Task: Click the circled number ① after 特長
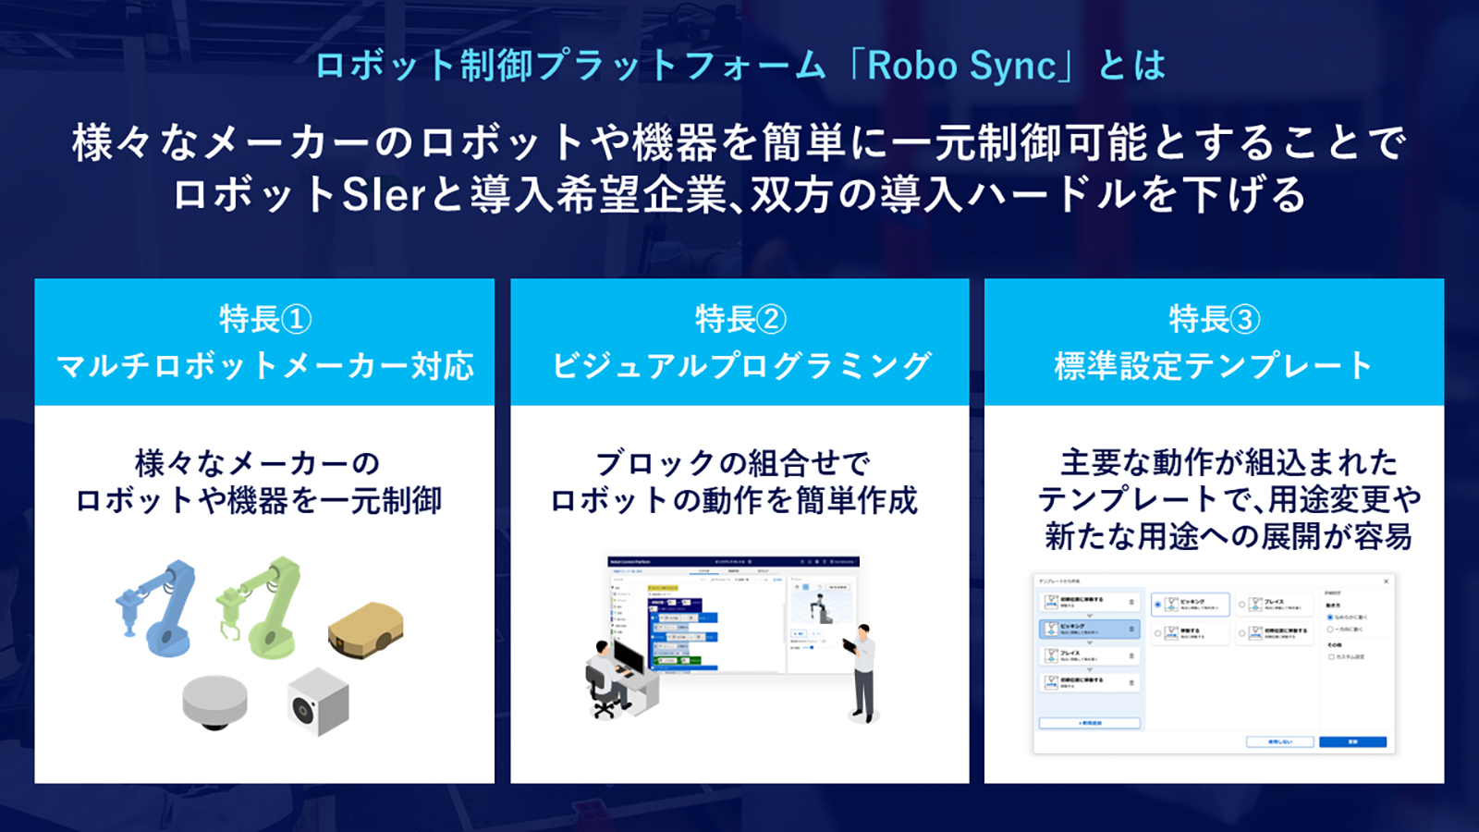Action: [296, 320]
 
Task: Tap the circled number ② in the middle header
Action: [771, 320]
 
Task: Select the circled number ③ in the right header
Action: [1244, 320]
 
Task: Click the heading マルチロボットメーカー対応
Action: [265, 366]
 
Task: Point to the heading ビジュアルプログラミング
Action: [740, 366]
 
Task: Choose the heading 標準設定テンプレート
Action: [1214, 366]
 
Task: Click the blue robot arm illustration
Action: [159, 606]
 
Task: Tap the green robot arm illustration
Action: [261, 605]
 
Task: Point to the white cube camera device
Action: [318, 702]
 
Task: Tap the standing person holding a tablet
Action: [862, 671]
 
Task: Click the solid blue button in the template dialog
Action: [1352, 741]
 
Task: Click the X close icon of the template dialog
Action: [1386, 581]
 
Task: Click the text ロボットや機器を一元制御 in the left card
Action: [259, 501]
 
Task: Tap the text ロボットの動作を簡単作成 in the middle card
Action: [734, 501]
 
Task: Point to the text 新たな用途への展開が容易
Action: [1228, 536]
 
